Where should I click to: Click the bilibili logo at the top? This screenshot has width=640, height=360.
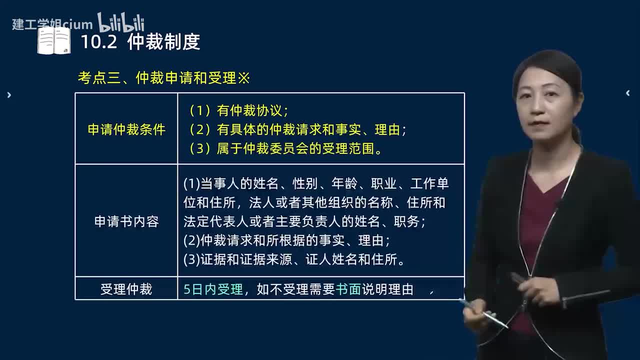pos(120,22)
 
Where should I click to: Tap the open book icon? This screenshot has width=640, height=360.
pos(54,40)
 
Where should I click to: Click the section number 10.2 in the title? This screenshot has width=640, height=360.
pos(98,42)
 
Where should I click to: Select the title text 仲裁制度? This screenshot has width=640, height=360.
pos(163,42)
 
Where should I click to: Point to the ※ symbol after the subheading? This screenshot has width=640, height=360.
pos(243,78)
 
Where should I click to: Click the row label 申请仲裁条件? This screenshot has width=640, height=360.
pos(126,129)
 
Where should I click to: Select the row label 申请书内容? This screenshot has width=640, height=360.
pos(126,221)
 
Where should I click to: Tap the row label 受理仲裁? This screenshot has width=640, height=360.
pos(126,289)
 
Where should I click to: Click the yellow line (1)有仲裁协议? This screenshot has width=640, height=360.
pos(239,110)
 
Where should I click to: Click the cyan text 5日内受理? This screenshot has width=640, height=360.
pos(213,289)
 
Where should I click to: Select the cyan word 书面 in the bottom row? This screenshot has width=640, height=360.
pos(348,289)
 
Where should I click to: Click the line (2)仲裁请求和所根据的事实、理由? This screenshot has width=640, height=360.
pos(286,240)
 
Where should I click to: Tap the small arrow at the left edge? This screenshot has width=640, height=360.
pos(9,95)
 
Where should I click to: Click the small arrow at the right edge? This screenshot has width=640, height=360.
pos(628,93)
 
